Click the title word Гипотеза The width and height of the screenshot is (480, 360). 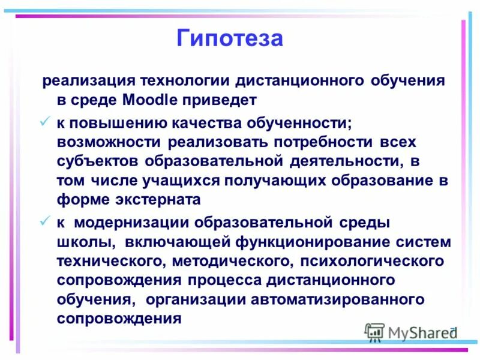click(229, 39)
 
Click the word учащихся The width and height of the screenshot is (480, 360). click(187, 180)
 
